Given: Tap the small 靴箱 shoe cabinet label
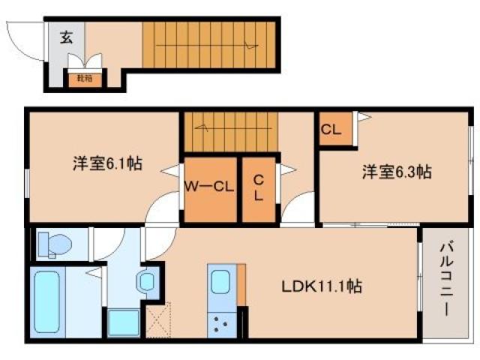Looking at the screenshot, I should tap(80, 76).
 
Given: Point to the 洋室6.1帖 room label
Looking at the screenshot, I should tap(97, 163).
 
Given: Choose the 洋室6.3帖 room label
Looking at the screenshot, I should tap(395, 172).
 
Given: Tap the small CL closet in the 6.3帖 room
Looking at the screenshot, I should tap(331, 129).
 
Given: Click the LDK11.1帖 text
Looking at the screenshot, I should tap(322, 286).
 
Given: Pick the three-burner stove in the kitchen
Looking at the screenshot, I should tap(222, 324).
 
